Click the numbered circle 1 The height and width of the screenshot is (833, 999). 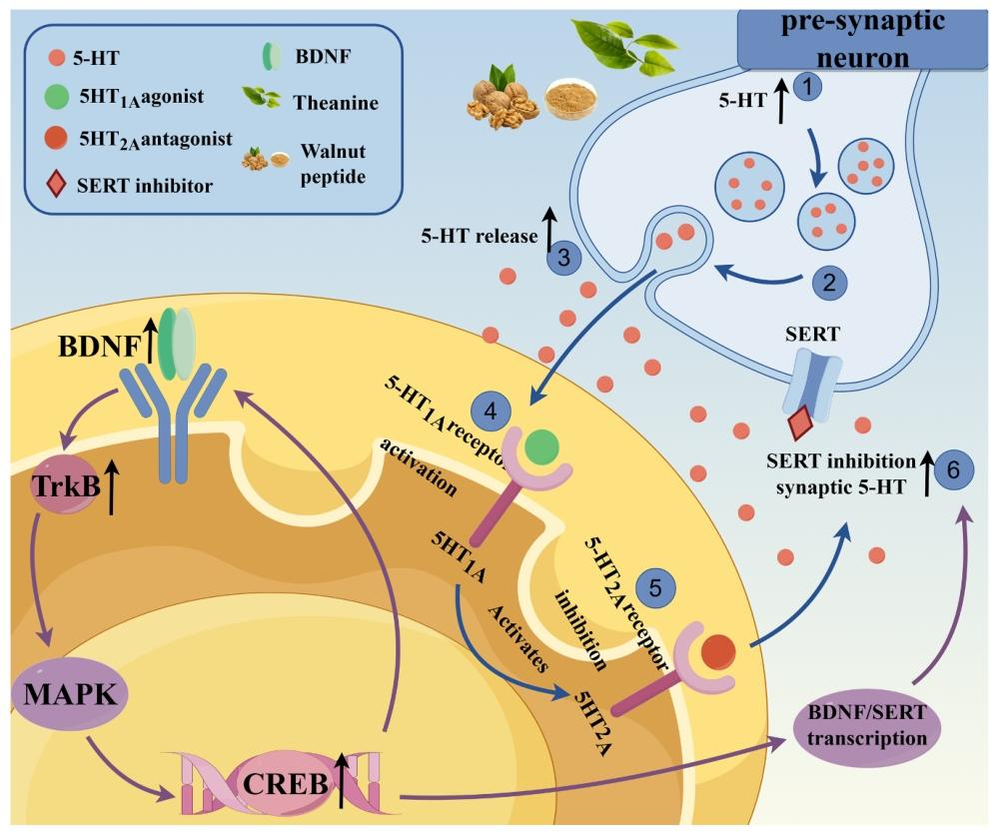coord(807,87)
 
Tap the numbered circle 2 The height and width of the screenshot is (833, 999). coord(828,282)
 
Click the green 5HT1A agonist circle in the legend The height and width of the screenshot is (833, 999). coord(57,98)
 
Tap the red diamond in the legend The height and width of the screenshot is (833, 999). coord(57,185)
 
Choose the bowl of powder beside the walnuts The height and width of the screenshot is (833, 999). coord(563,100)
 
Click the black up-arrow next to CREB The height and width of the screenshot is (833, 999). coord(343,780)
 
